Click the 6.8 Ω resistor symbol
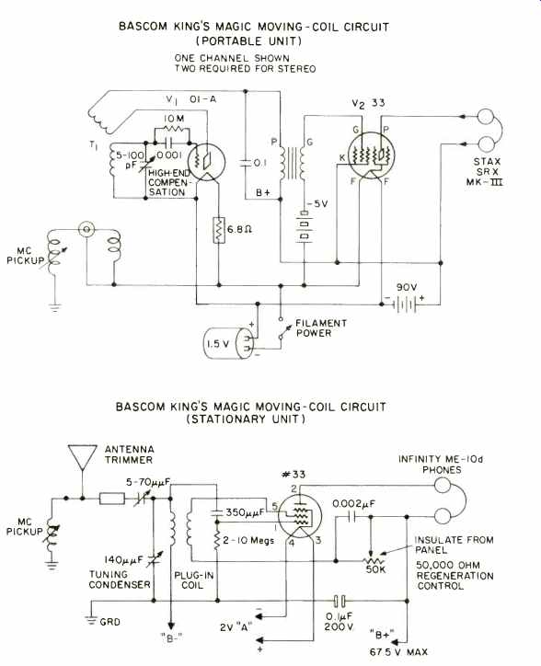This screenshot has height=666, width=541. coord(219,230)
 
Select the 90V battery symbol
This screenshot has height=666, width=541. coord(406,304)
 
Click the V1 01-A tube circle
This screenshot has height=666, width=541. coord(207,162)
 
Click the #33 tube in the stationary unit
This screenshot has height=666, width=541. coord(300,516)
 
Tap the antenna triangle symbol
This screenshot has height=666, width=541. coord(83,457)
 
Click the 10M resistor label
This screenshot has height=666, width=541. coord(174,119)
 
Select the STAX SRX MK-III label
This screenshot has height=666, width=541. coord(485,172)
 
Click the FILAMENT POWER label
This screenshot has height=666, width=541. coord(321,327)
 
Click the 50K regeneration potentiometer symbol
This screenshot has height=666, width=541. coord(371,560)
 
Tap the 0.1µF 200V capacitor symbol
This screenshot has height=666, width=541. coord(340,601)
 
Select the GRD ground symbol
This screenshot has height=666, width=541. coord(91,619)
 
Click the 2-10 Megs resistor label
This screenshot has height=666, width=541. coord(248,540)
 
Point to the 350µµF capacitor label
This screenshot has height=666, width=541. coord(245,512)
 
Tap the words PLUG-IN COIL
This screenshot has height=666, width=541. coord(193,580)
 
